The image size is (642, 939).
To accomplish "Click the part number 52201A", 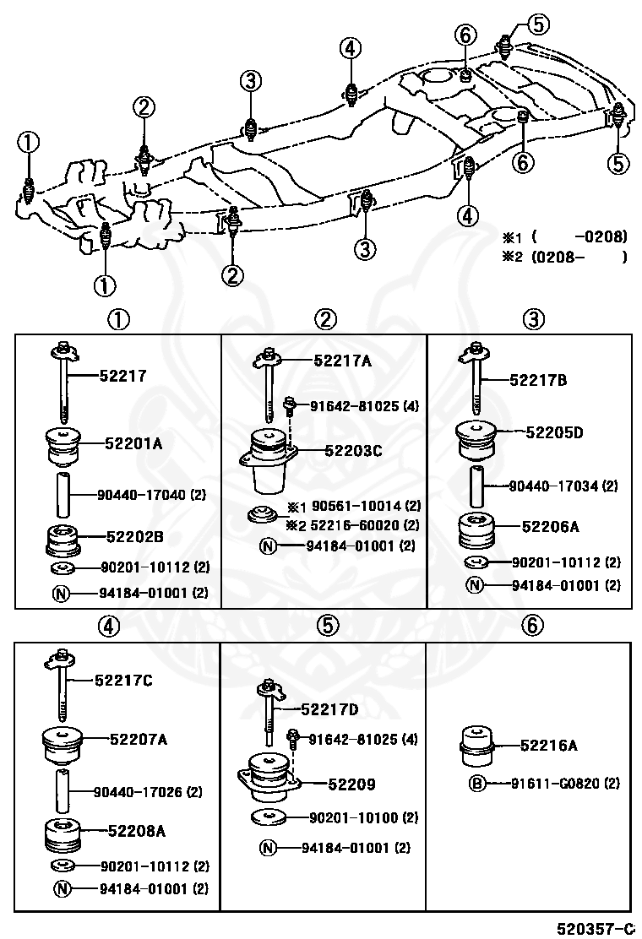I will tap(133, 441).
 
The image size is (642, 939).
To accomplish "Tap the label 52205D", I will tap(555, 432).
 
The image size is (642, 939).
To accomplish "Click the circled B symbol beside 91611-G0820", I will tap(477, 784).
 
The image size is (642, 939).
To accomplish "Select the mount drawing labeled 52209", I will tap(266, 778).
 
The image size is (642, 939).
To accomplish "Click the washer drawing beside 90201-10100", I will tap(269, 817).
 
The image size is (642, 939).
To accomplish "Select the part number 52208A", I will tap(136, 831).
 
